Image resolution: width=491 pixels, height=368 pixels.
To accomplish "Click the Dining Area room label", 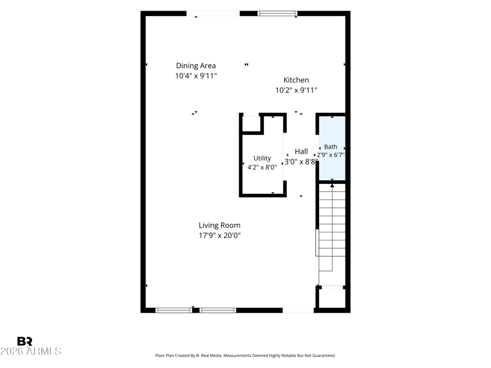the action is point(196,66).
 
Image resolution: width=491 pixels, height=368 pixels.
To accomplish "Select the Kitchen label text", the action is point(296,80).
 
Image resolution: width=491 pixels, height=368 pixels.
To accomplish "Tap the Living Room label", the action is point(220,225).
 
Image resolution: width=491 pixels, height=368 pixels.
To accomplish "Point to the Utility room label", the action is point(262,158).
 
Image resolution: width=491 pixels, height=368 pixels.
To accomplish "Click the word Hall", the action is point(301,151).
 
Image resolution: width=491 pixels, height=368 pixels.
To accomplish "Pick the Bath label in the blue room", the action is point(331,147).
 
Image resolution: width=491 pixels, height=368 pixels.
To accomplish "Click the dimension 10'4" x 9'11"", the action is point(196,75).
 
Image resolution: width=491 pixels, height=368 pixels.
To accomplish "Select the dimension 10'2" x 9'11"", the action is point(296,90).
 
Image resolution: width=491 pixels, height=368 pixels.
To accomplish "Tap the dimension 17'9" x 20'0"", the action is point(220,236).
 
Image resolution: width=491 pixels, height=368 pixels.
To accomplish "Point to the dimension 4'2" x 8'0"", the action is point(262,167).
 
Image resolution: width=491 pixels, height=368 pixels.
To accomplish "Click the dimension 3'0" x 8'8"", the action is point(301,162).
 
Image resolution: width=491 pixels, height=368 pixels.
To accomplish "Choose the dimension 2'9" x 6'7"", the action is point(331,155).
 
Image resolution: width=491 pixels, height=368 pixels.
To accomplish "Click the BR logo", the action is point(25,341).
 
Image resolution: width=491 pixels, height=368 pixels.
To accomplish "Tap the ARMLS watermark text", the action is point(31,351).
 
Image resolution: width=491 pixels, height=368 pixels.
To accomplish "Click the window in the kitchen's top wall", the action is point(277,13).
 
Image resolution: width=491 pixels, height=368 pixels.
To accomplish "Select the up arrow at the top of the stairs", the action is point(332,186).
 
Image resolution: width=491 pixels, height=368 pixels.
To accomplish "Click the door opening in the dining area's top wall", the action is point(213,13).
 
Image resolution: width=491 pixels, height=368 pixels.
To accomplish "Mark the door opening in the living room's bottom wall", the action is point(298,310).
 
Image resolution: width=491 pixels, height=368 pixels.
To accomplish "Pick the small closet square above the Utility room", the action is point(251,124).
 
